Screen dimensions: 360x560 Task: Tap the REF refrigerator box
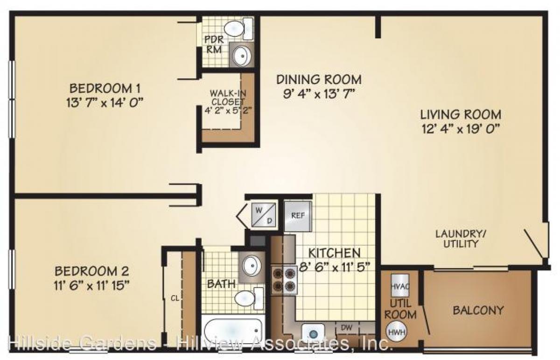point(297,216)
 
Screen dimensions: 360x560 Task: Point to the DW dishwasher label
point(346,328)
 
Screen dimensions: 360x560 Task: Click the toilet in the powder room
point(237,28)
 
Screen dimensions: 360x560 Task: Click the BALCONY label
point(478,310)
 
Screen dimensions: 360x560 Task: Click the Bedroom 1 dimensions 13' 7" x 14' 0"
point(105,101)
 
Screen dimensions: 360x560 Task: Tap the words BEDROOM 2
point(92,271)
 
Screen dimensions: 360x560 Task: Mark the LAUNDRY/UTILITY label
point(457,238)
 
